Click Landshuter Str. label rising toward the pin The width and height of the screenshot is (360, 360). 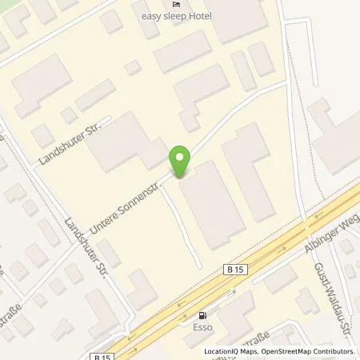coord(67,145)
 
